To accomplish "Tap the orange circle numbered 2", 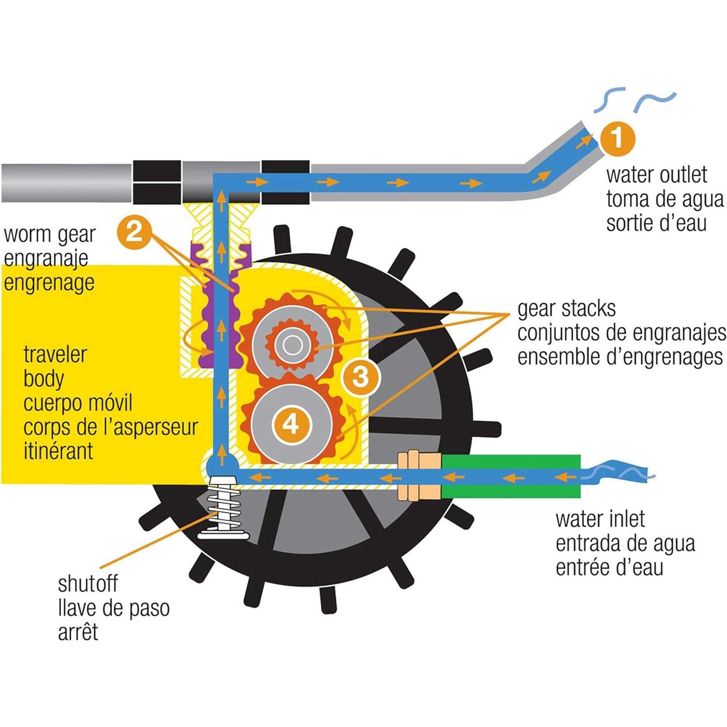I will point(134,232).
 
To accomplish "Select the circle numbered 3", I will point(361,377).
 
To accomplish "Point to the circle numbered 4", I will point(291,425).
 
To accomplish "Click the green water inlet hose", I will point(511,476).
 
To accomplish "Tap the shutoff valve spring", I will point(223,509).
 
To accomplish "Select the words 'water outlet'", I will point(656,174).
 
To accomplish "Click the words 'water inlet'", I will point(600,519).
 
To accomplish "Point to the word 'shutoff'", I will point(88,584).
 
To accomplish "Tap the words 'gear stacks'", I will point(566,309).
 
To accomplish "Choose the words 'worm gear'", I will point(49,235).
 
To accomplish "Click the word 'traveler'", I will point(55,354).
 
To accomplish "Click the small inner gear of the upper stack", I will point(291,345).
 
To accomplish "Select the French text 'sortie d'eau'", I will point(656,223).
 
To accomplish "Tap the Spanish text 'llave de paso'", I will point(113,608).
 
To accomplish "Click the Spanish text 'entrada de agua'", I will point(625,543).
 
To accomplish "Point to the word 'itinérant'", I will point(58,451).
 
